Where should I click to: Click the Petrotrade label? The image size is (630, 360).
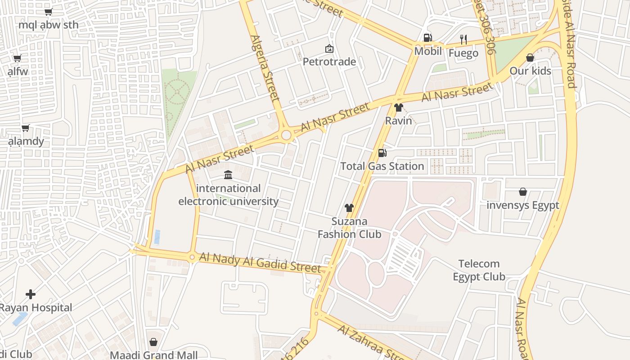pyautogui.click(x=329, y=62)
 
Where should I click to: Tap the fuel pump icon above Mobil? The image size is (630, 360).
pyautogui.click(x=427, y=38)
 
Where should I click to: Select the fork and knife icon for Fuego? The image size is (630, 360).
pyautogui.click(x=463, y=40)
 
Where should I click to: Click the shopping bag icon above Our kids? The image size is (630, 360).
pyautogui.click(x=530, y=58)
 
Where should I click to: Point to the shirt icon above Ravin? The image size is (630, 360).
pyautogui.click(x=398, y=108)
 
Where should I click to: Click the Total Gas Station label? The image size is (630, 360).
pyautogui.click(x=382, y=166)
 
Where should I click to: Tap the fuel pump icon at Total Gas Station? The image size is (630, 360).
pyautogui.click(x=382, y=153)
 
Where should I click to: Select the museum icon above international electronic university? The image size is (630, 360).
pyautogui.click(x=228, y=175)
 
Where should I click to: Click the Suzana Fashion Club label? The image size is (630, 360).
pyautogui.click(x=349, y=228)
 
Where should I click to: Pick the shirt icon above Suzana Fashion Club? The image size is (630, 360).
pyautogui.click(x=349, y=207)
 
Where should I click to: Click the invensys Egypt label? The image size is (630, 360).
pyautogui.click(x=522, y=205)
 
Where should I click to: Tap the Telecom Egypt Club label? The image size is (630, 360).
pyautogui.click(x=479, y=270)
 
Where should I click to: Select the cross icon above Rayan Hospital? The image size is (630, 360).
pyautogui.click(x=31, y=294)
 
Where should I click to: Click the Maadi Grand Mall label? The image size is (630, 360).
pyautogui.click(x=153, y=355)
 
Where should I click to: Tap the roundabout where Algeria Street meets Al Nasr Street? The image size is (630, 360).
pyautogui.click(x=286, y=135)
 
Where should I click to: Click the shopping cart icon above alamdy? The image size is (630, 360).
pyautogui.click(x=26, y=128)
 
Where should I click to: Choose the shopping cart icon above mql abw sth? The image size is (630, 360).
pyautogui.click(x=49, y=12)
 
